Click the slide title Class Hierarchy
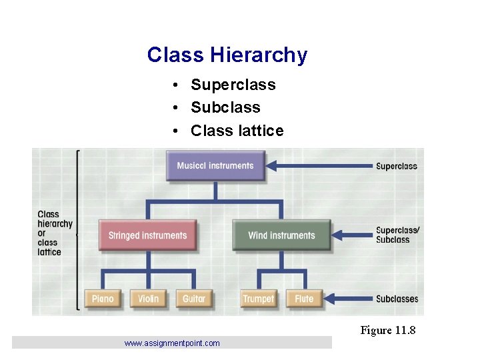point(227,55)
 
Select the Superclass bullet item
point(233,85)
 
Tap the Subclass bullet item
point(225,107)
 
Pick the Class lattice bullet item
point(237,131)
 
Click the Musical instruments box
point(215,166)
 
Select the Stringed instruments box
point(147,235)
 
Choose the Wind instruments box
point(281,235)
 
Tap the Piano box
point(103,299)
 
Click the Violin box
point(148,299)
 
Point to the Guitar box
point(194,299)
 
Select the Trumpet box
point(259,299)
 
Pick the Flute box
point(304,299)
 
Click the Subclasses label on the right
point(397,299)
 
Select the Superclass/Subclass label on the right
point(397,235)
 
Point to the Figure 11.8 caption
point(388,330)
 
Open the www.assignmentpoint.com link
point(172,343)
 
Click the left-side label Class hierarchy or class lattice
point(54,233)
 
